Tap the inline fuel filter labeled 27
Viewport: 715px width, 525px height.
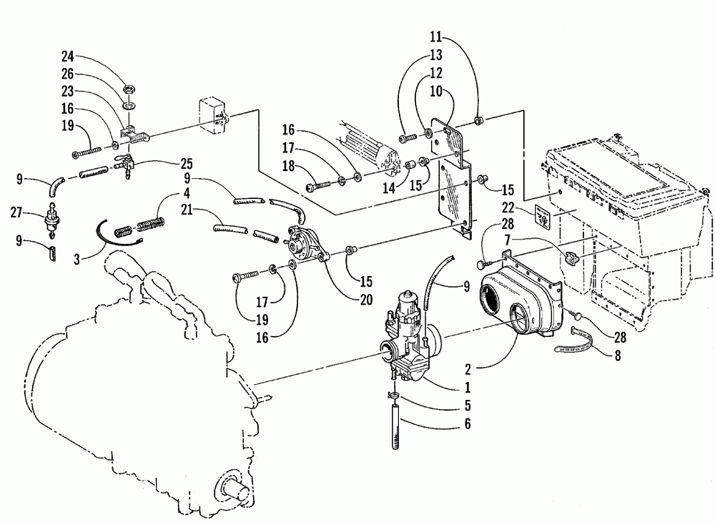tap(54, 217)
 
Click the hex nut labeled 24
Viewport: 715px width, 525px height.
tap(128, 90)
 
